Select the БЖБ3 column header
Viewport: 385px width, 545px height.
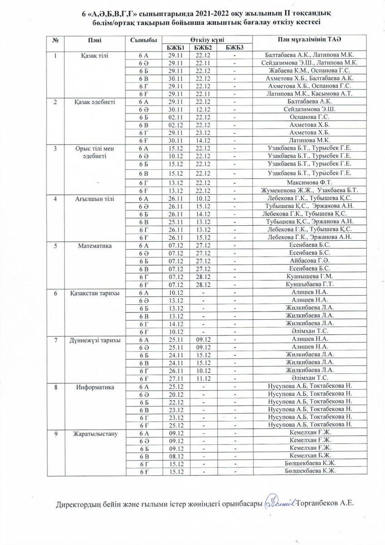pos(234,48)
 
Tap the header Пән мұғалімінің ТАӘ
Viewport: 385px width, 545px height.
pos(309,40)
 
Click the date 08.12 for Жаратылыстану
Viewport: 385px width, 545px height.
pos(175,456)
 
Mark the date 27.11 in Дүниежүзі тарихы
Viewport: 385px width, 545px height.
pos(175,377)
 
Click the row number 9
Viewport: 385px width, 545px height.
pos(56,434)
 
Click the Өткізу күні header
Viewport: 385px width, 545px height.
pos(205,40)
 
